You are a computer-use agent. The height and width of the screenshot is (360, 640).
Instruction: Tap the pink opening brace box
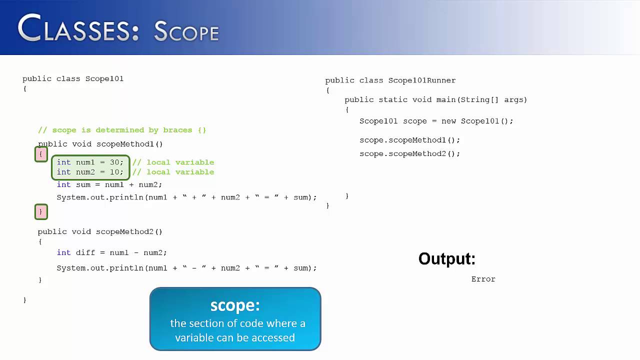coord(41,154)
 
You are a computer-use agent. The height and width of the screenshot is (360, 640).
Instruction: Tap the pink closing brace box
coord(41,212)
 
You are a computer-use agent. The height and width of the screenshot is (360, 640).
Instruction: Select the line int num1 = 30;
coord(90,162)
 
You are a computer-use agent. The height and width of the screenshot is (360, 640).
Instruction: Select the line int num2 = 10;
coord(90,172)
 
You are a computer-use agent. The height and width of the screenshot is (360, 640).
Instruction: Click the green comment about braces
coord(122,130)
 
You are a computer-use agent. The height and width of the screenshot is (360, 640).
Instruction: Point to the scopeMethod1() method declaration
coord(100,144)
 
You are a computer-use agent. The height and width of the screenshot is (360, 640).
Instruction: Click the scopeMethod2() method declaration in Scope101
coord(100,231)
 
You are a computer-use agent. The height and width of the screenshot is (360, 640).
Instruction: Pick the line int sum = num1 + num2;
coord(109,184)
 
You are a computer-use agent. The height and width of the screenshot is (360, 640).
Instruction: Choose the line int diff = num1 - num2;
coord(111,252)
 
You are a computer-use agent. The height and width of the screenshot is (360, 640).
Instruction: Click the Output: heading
coord(446,258)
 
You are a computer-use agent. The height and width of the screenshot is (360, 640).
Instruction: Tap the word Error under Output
coord(483,279)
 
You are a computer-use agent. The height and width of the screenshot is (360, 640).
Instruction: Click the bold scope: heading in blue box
coord(235,305)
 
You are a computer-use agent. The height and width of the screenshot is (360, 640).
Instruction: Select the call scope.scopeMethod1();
coord(409,140)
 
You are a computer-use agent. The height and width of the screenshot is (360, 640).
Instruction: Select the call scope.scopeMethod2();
coord(409,153)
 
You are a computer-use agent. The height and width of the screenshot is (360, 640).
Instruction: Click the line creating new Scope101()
coord(436,121)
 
